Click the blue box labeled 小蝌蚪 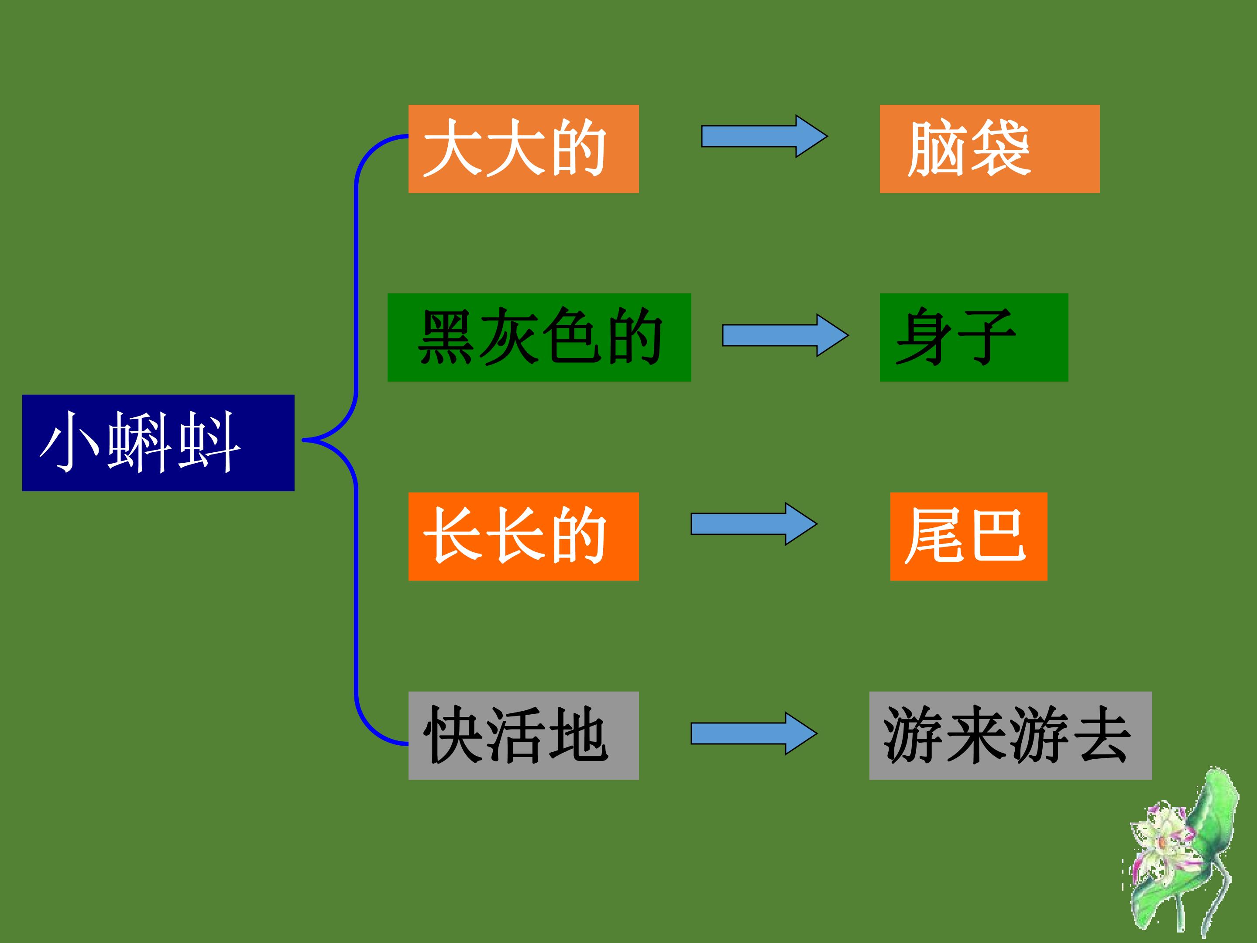tap(158, 443)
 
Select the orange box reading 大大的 tap(523, 149)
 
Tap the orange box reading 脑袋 tap(989, 149)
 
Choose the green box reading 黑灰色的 tap(539, 337)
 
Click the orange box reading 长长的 tap(523, 537)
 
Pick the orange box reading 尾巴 tap(969, 537)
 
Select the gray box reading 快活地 tap(523, 736)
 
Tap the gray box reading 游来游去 tap(1010, 736)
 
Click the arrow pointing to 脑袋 tap(764, 136)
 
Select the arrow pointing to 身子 tap(785, 335)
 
